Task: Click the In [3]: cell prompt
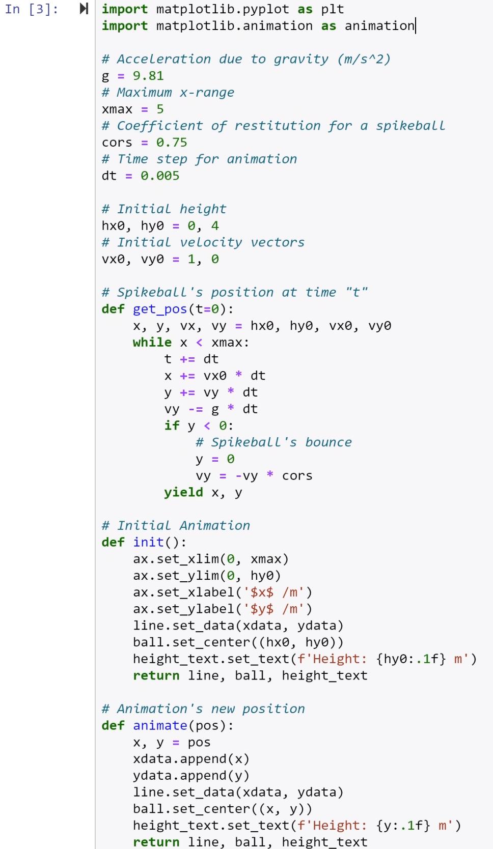coord(31,9)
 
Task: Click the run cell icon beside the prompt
coord(84,9)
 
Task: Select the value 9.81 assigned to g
coord(148,76)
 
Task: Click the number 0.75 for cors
coord(172,143)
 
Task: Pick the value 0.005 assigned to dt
coord(160,176)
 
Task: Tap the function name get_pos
coord(160,309)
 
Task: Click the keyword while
coord(152,343)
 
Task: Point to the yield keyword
coord(183,492)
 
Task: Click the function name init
coord(148,542)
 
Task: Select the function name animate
coord(160,725)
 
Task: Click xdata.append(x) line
coord(191,759)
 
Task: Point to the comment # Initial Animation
coord(176,525)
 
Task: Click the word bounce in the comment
coord(328,442)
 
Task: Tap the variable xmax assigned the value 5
coord(117,109)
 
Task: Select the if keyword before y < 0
coord(172,426)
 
